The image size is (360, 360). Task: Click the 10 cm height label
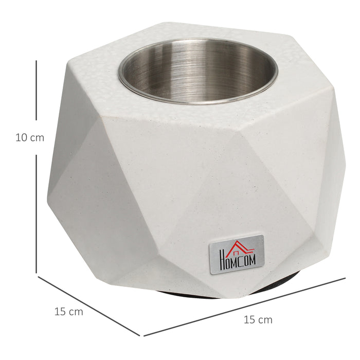pos(30,138)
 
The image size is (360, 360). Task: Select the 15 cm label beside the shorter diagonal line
pos(68,312)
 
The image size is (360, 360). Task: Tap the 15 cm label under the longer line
pos(258,320)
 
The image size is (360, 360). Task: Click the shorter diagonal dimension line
pos(87,304)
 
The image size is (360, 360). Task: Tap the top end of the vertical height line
pos(36,60)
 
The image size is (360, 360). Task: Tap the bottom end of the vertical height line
pos(36,273)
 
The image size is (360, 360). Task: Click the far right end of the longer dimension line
pos(345,278)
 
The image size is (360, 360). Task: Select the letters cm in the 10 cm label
pos(37,138)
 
